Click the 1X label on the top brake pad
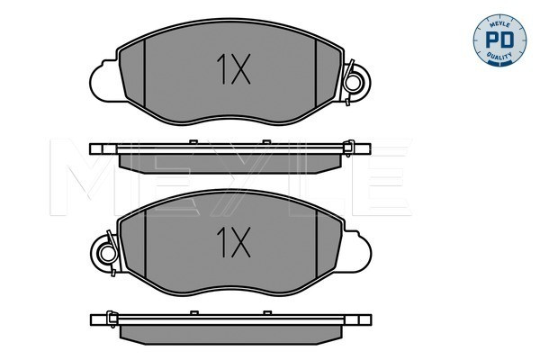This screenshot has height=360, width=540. pyautogui.click(x=233, y=69)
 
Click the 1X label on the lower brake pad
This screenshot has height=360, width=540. pyautogui.click(x=233, y=242)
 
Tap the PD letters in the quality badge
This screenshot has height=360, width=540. pyautogui.click(x=499, y=40)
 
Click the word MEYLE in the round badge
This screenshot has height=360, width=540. pyautogui.click(x=499, y=23)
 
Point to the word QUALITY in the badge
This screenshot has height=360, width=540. pyautogui.click(x=499, y=56)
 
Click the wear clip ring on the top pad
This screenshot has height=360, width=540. pyautogui.click(x=353, y=83)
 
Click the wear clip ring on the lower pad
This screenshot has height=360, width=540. pyautogui.click(x=108, y=254)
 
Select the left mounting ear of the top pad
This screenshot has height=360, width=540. pyautogui.click(x=104, y=81)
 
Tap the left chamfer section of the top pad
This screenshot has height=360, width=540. pyautogui.click(x=132, y=73)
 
